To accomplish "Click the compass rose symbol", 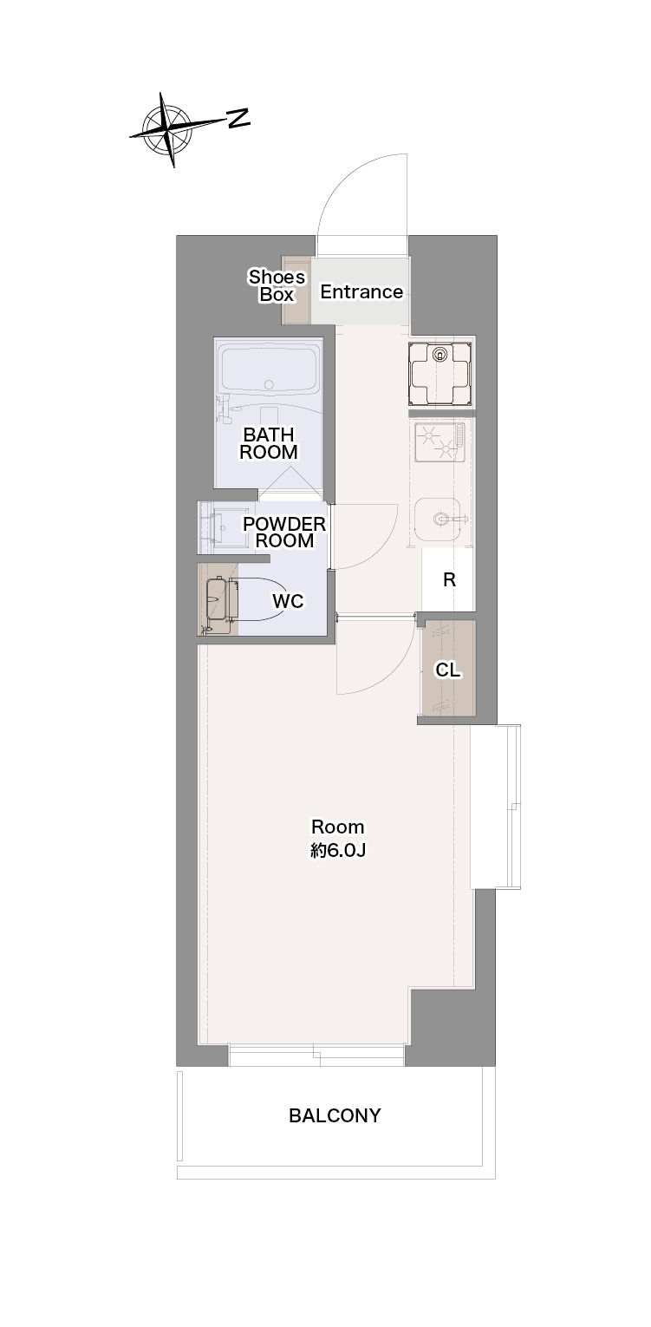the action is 169,128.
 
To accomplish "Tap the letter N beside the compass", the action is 238,118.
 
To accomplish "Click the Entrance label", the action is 361,292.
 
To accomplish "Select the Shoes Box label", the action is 277,285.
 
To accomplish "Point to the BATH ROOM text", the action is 269,444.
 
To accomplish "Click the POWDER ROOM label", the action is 284,532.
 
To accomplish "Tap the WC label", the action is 288,601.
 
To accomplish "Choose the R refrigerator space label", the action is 449,580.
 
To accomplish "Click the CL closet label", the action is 447,670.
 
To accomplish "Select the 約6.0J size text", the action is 338,851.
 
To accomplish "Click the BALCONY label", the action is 335,1116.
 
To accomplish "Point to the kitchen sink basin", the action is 438,519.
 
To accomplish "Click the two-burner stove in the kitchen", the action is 439,442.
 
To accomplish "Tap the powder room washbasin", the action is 223,526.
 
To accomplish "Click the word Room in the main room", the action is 338,827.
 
